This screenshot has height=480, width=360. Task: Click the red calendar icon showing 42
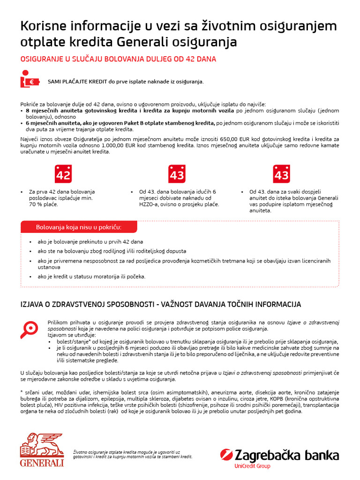63,174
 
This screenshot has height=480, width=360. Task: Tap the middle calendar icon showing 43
177,174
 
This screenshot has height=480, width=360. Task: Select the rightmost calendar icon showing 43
281,174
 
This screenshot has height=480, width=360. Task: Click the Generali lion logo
42,450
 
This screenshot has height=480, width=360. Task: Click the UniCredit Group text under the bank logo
252,466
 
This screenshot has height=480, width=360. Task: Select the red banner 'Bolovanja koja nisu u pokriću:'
79,227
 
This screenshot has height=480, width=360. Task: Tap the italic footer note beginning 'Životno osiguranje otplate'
133,454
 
